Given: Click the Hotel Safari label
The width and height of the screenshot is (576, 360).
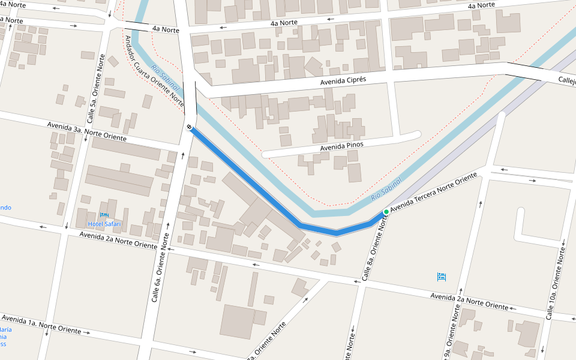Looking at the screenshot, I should coord(104,224).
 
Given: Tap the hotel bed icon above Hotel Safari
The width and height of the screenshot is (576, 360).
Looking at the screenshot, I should coord(104,215).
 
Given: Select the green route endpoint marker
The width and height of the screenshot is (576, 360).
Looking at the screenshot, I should coord(386,212).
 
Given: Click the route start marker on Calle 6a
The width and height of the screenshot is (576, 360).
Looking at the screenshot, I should coord(189,127).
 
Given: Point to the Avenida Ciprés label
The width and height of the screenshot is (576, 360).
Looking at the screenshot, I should coord(343,80).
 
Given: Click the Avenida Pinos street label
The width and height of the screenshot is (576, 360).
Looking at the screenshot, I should coord(341,145).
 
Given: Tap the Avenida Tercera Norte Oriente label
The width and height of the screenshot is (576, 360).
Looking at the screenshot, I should coord(433,193).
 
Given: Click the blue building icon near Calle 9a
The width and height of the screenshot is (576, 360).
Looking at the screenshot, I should coord(442,277).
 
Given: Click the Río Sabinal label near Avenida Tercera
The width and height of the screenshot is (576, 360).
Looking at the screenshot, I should coord(385,188).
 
